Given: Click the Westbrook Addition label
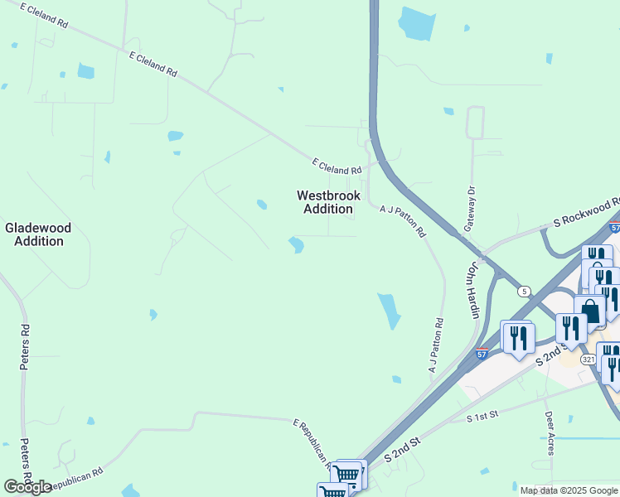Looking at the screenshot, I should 328,202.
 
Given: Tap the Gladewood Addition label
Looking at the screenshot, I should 38,234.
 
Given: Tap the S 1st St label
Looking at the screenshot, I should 481,417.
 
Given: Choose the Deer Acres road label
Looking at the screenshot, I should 549,433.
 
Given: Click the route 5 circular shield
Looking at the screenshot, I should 524,291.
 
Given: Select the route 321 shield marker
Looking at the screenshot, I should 588,359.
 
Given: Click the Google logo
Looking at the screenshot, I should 27,487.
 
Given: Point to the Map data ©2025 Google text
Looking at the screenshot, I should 569,490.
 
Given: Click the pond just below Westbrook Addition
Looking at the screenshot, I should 296,244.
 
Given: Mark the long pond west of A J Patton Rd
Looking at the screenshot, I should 388,311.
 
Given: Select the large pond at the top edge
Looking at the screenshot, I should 416,23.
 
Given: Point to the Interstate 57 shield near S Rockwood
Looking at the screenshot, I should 614,227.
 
